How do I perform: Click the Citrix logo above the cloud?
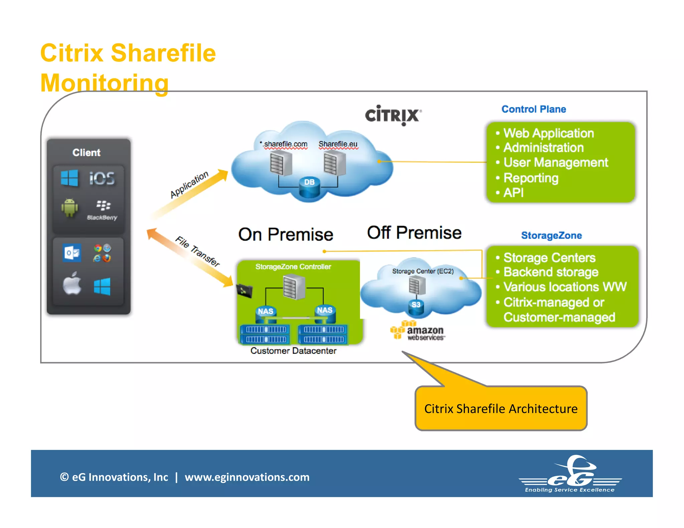coord(393,115)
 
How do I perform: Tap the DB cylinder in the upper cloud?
coord(309,188)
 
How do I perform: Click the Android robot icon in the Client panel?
coord(69,208)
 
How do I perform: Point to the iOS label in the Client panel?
coord(102,178)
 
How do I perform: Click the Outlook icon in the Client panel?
coord(72,253)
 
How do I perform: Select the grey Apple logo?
coord(72,283)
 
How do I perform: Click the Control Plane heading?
coord(533,109)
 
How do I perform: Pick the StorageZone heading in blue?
coord(551,235)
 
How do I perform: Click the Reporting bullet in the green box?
coord(530,178)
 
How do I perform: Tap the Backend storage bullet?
coord(550,272)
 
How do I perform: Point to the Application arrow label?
coord(189,185)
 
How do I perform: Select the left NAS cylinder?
coord(266,314)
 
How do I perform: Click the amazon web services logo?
coord(417,331)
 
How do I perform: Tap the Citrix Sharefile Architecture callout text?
coord(501,409)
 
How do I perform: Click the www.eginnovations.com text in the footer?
coord(247,477)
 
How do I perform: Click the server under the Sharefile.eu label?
coord(335,163)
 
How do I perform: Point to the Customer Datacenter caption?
coord(293,351)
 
